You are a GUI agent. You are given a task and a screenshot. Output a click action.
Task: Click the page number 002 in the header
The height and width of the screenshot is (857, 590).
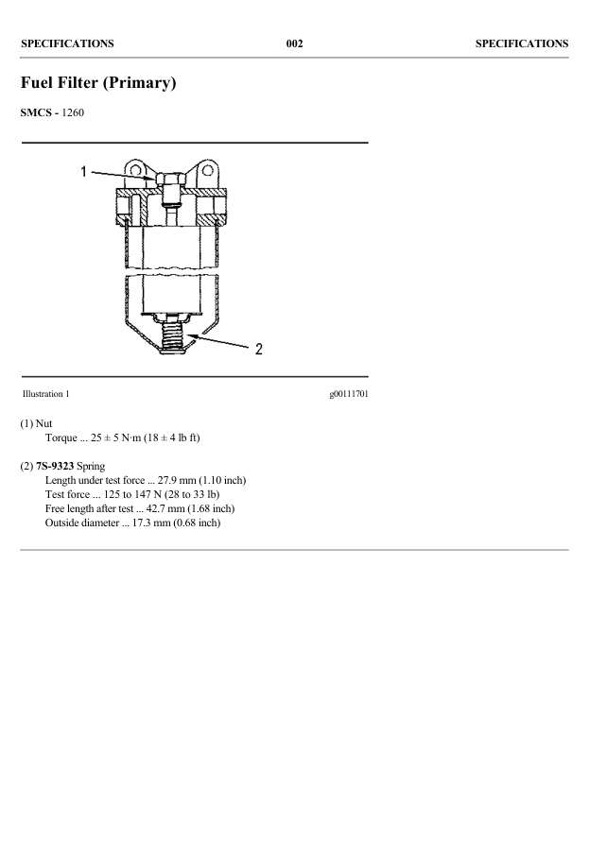coord(294,43)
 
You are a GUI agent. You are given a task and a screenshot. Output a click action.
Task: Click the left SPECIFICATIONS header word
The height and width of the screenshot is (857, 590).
coord(67,43)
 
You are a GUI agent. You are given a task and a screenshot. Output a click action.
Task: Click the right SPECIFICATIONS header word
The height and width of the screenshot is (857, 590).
coord(521,43)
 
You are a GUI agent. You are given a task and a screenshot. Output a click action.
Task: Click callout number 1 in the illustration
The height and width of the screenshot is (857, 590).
coord(84,172)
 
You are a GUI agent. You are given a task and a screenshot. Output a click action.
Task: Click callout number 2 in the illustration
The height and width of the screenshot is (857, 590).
coord(257,349)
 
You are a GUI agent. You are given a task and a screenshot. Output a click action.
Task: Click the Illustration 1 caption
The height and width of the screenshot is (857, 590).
coord(44,393)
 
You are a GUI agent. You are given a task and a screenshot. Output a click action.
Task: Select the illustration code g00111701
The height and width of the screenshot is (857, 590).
coord(348,393)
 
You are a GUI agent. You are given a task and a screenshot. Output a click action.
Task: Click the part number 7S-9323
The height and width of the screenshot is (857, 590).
coord(54,467)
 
